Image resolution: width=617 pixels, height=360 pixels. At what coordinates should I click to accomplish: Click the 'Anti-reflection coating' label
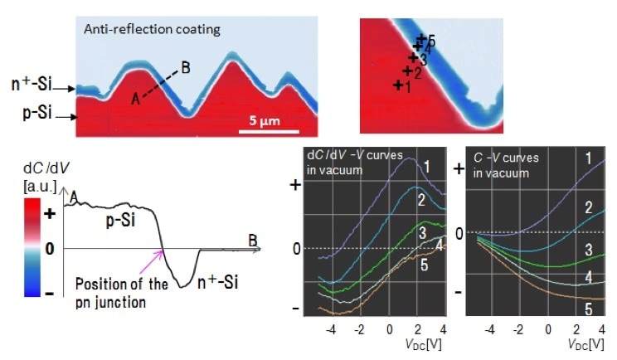(x=152, y=30)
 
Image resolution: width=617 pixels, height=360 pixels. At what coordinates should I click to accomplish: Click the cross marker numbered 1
(x=399, y=85)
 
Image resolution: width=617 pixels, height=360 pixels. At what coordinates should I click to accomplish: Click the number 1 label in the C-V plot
(x=587, y=157)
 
